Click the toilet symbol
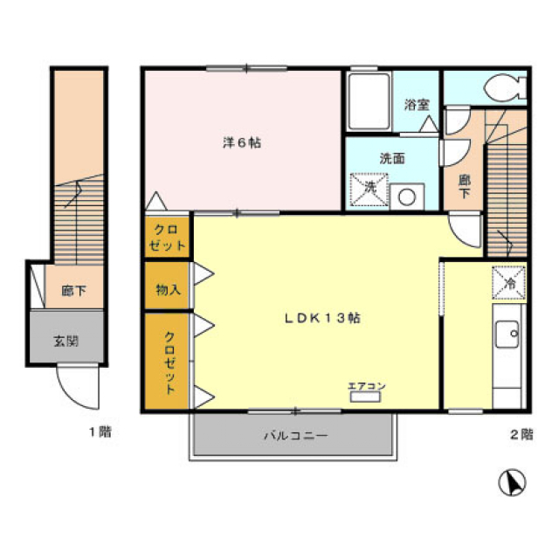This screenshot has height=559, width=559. click(x=506, y=86)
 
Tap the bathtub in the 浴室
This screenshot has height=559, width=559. click(x=369, y=101)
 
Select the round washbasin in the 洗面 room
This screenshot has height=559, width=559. click(x=407, y=197)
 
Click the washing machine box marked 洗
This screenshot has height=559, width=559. click(x=369, y=190)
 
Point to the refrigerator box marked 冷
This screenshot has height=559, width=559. click(x=508, y=283)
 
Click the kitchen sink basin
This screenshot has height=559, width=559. click(x=507, y=335)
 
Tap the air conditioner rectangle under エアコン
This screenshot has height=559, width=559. click(x=365, y=397)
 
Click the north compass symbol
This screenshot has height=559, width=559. click(x=513, y=482)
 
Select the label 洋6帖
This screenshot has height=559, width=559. click(x=242, y=143)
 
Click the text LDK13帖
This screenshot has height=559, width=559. click(x=322, y=318)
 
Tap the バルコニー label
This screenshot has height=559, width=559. click(x=295, y=435)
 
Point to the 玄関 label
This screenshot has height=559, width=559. click(x=66, y=342)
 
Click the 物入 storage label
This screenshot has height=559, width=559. click(x=169, y=289)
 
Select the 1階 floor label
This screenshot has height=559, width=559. click(x=100, y=432)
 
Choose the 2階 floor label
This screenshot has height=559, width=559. click(x=521, y=434)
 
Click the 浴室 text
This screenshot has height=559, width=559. click(x=417, y=105)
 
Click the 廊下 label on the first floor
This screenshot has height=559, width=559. click(x=73, y=291)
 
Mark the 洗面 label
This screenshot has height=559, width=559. click(x=392, y=158)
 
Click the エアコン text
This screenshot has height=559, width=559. click(x=367, y=386)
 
